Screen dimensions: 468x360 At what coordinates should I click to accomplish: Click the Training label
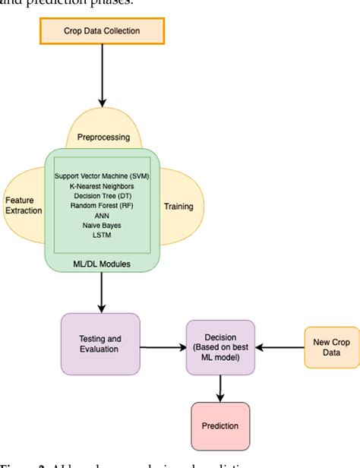tap(178, 206)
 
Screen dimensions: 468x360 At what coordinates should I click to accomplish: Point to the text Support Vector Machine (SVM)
tap(101, 176)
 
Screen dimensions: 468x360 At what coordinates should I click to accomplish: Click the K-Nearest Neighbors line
tap(101, 186)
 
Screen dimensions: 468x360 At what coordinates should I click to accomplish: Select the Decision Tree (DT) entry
tap(101, 196)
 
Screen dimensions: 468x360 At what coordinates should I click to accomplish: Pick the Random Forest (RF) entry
tap(101, 206)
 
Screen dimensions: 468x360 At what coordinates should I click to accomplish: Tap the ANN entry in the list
tap(101, 216)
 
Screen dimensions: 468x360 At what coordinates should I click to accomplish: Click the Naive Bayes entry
tap(101, 226)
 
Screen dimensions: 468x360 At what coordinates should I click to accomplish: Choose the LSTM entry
tap(101, 236)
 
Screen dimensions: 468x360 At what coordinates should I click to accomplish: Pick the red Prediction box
tap(219, 426)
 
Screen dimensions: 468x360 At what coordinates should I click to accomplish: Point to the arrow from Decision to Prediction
tap(220, 387)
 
